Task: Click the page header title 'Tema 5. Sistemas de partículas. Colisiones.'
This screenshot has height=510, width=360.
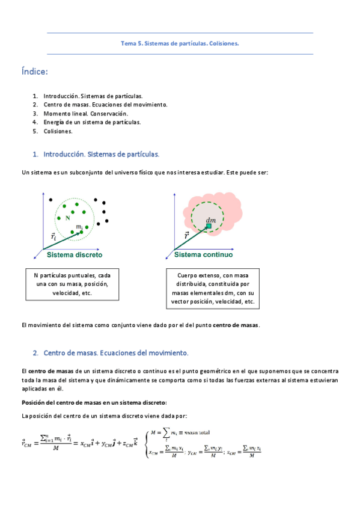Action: click(180, 43)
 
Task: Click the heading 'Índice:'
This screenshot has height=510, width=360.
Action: click(34, 73)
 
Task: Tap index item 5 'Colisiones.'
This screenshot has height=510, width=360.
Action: click(58, 131)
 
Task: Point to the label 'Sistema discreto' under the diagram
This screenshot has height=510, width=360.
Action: click(75, 254)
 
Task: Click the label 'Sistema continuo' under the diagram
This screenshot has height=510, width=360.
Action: click(203, 254)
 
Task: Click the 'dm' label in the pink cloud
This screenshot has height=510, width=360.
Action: click(211, 220)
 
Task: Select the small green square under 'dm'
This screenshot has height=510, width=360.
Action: click(208, 227)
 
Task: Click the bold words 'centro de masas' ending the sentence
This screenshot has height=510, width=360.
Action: click(239, 325)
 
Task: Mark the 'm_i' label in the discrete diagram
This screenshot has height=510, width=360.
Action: click(79, 226)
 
